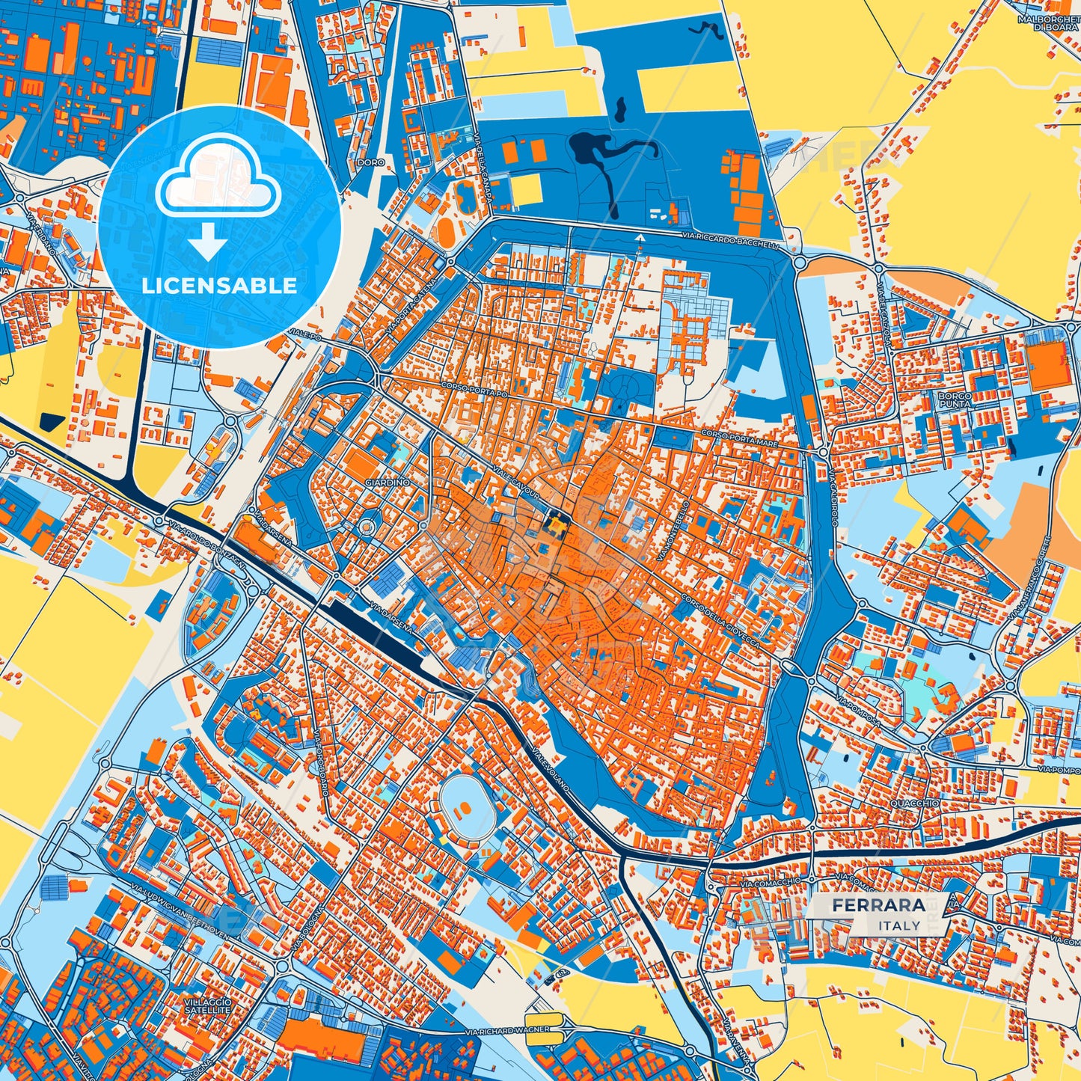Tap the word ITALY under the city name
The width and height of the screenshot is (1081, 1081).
coord(899,925)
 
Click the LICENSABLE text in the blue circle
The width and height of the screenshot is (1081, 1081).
coord(220,286)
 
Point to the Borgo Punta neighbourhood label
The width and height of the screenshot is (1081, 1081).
coord(955,399)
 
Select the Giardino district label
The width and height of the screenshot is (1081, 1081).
coord(387,483)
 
